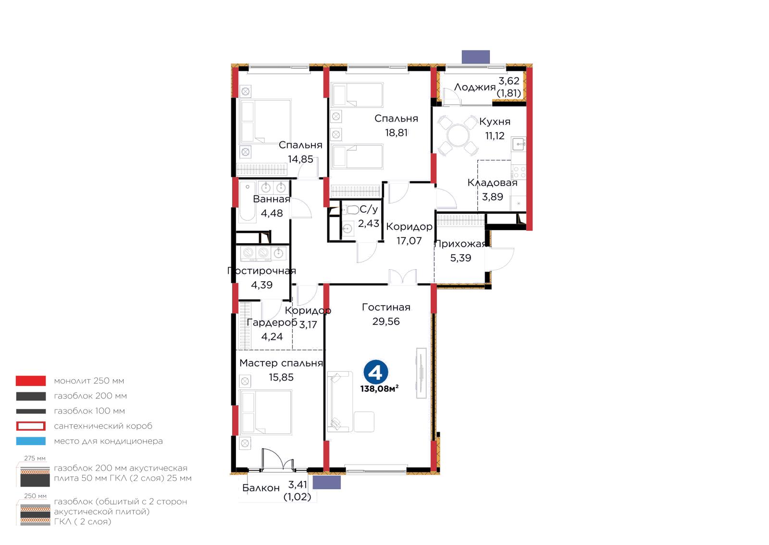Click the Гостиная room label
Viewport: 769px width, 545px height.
[x=386, y=307]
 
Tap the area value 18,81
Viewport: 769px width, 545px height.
[x=396, y=133]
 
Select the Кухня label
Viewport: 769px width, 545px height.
[x=495, y=122]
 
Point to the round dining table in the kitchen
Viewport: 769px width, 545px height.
[x=458, y=136]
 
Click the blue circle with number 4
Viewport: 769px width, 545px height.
[x=376, y=372]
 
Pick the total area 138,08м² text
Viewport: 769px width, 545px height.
[x=379, y=388]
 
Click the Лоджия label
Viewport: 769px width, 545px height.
[x=475, y=87]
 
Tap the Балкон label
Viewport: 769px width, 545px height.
[x=261, y=488]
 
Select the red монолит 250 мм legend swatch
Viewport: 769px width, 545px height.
[x=31, y=381]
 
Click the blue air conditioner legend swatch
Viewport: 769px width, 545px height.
[x=31, y=441]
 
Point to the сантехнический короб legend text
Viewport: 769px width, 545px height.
[x=103, y=426]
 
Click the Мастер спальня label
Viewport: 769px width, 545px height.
[x=281, y=363]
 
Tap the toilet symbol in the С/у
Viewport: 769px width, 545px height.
[x=351, y=210]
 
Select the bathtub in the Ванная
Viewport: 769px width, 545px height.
[x=248, y=202]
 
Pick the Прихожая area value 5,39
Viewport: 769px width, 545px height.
[x=461, y=258]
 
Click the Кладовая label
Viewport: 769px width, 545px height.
[x=492, y=183]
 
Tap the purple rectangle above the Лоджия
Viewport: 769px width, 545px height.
[x=475, y=57]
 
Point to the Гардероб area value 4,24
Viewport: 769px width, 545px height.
[x=272, y=337]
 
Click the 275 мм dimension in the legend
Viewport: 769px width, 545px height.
[x=35, y=458]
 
